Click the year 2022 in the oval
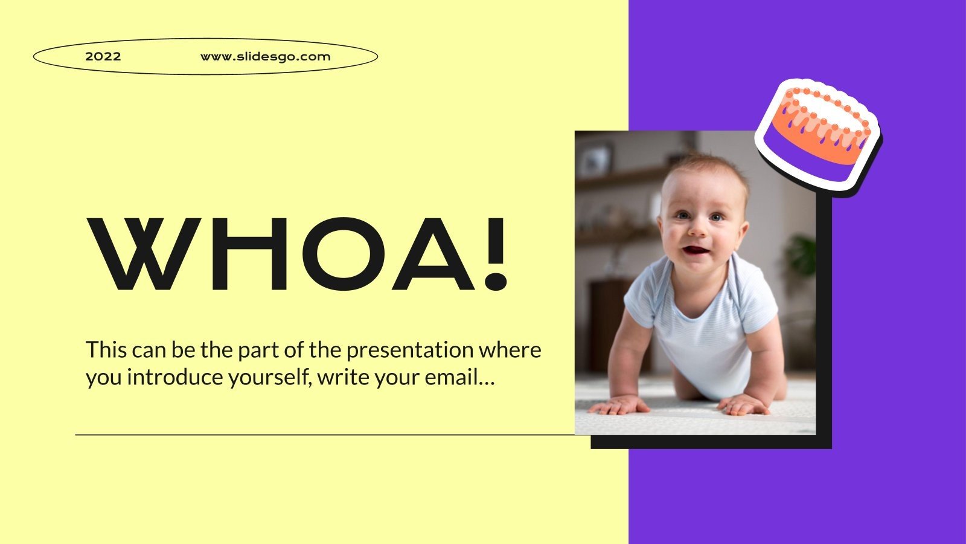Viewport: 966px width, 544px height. (103, 57)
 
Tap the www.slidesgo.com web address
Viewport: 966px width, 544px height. (265, 57)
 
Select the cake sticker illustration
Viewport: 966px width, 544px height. (818, 137)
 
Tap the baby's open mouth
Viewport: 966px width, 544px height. (699, 250)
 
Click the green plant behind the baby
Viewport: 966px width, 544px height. (802, 254)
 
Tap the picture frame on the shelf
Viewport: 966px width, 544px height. (595, 158)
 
